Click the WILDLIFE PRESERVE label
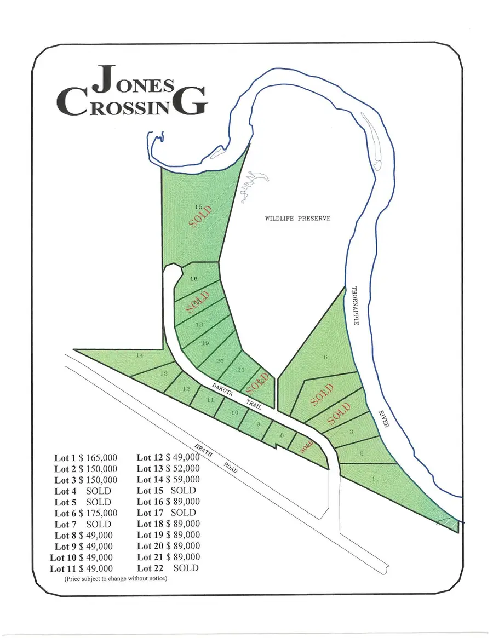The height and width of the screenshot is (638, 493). pyautogui.click(x=297, y=219)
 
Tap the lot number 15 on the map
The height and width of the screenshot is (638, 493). pyautogui.click(x=199, y=206)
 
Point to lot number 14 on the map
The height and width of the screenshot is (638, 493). pyautogui.click(x=140, y=356)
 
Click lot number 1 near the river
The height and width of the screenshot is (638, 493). pyautogui.click(x=374, y=479)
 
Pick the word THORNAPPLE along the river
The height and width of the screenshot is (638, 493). pyautogui.click(x=354, y=306)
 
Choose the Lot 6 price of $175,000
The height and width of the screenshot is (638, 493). pyautogui.click(x=99, y=513)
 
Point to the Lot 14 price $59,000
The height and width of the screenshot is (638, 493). pyautogui.click(x=181, y=480)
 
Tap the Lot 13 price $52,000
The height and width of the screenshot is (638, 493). pyautogui.click(x=181, y=469)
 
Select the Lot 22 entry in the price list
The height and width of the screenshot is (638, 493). pyautogui.click(x=167, y=568)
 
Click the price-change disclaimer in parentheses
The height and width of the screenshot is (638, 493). pyautogui.click(x=116, y=579)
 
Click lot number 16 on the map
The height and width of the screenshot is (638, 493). pyautogui.click(x=193, y=279)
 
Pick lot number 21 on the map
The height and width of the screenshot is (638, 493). pyautogui.click(x=240, y=370)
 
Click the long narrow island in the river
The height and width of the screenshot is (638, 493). pyautogui.click(x=372, y=137)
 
